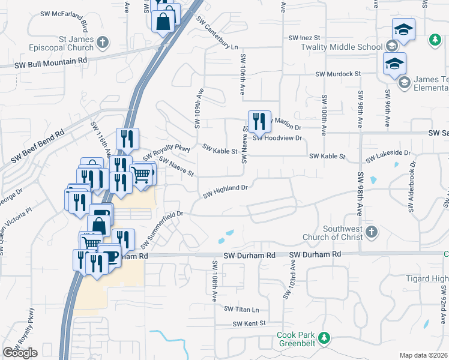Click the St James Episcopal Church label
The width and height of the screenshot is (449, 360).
click(68, 43)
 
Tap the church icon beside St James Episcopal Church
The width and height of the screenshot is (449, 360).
click(103, 42)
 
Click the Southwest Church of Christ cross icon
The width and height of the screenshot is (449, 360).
click(372, 232)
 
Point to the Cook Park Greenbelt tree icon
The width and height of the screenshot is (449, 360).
click(324, 338)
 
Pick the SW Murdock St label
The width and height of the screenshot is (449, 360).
click(338, 74)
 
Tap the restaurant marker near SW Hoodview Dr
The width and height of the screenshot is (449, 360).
click(259, 121)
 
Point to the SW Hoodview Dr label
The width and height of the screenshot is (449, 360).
click(277, 138)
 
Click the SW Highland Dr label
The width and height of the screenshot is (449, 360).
click(226, 191)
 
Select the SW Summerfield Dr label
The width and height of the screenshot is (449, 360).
click(161, 229)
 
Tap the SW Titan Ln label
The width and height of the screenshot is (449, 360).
click(242, 310)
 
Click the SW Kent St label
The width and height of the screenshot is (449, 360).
click(249, 324)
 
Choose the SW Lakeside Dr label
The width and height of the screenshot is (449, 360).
click(388, 155)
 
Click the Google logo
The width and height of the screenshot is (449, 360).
click(20, 353)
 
